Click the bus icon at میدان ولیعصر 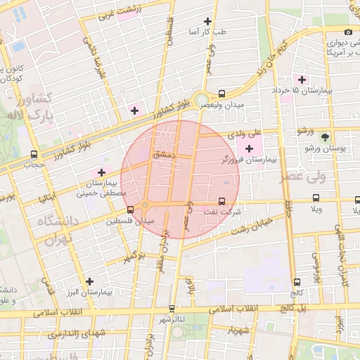pos(222,93)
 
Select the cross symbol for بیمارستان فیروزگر pos(249,148)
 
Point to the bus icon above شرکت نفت pos(223,201)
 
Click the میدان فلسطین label pos(129,221)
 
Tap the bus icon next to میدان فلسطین pos(129,210)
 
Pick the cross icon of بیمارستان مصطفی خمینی pos(102,172)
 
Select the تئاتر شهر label pos(172,320)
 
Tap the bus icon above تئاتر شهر pos(172,308)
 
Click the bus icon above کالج pos(296,281)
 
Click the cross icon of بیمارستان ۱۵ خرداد pos(303,79)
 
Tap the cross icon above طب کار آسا pos(207,21)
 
